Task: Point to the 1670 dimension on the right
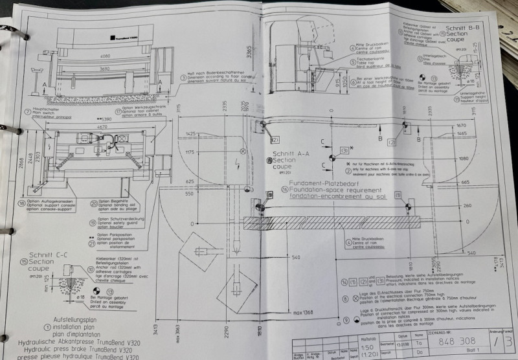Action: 461,125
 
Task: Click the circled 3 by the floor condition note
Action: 177,76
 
